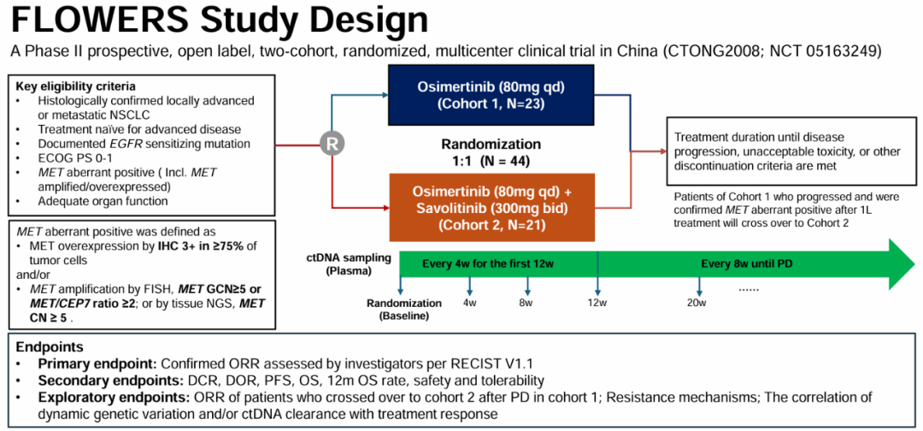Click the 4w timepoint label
(x=470, y=304)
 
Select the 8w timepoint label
(x=526, y=304)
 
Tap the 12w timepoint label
(x=597, y=304)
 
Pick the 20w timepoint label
(x=697, y=304)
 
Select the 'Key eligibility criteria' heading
(x=76, y=86)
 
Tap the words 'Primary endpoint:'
(x=94, y=363)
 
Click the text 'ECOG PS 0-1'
(x=74, y=158)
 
